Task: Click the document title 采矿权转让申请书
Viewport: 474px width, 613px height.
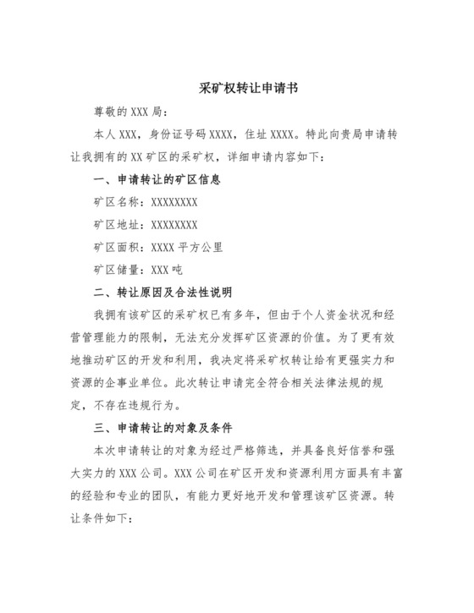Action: (237, 88)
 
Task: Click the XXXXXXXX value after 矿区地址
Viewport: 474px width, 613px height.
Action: (174, 225)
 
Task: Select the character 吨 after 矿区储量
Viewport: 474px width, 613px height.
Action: (178, 271)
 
